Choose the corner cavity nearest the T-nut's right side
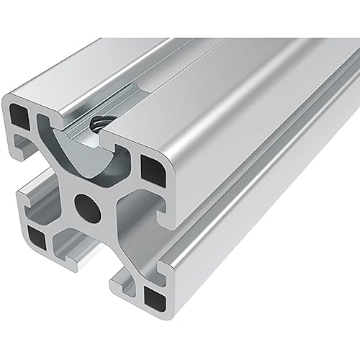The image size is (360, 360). [152, 171]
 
